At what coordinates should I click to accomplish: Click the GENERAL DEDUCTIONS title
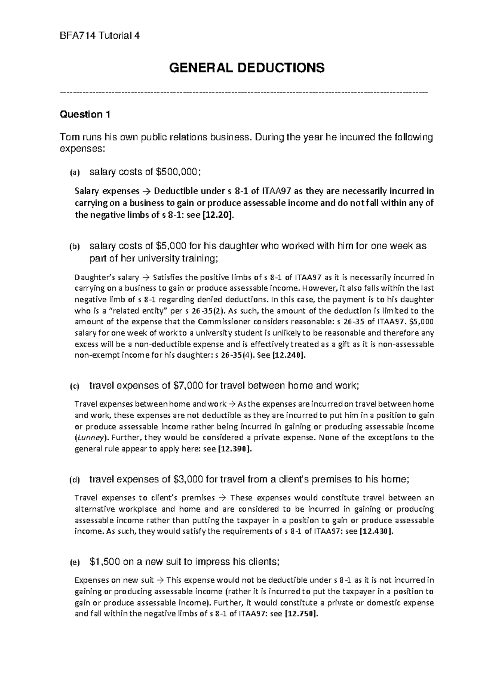point(247,67)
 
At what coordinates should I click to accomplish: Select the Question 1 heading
point(85,114)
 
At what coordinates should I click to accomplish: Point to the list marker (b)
point(74,247)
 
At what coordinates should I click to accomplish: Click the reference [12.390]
point(234,449)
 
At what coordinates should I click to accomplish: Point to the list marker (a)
point(74,173)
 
